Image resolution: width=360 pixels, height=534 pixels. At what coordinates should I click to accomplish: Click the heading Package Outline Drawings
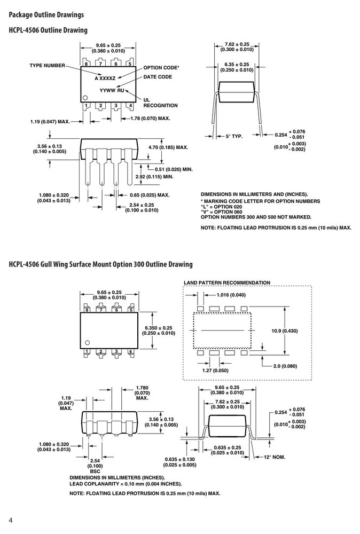[46, 14]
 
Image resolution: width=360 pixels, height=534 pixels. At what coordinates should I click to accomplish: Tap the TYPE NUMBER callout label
[47, 65]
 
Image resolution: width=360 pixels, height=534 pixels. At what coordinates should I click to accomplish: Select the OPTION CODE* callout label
[161, 68]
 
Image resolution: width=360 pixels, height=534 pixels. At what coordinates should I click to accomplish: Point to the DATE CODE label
[158, 77]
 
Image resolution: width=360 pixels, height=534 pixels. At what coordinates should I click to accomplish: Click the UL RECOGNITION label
[160, 103]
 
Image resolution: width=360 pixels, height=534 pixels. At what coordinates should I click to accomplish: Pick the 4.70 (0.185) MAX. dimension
[168, 147]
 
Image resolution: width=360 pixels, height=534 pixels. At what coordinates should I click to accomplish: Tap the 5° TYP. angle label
[234, 137]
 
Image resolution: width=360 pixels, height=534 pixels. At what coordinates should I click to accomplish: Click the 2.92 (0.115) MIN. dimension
[154, 177]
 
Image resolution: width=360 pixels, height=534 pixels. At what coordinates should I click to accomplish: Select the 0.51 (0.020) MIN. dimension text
[174, 169]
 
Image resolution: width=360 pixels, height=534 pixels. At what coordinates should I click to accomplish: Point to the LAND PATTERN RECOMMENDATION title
[227, 282]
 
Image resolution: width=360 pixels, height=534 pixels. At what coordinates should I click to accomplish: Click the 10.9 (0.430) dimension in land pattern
[284, 331]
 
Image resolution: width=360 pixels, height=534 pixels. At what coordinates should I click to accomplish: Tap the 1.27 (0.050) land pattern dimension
[215, 371]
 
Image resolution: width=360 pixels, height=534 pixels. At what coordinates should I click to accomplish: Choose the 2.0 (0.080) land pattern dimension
[285, 366]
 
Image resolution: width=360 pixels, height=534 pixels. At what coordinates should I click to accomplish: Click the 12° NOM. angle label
[275, 457]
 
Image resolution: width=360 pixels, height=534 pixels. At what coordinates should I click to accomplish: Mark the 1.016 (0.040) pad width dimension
[231, 295]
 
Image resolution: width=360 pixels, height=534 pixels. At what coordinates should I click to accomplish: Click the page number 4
[11, 520]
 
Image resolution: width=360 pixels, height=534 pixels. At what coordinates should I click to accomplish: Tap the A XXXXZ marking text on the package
[105, 78]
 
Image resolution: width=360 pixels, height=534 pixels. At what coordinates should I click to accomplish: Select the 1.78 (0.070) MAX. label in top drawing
[150, 119]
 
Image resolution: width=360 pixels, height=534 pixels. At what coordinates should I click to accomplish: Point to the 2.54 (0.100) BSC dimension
[95, 466]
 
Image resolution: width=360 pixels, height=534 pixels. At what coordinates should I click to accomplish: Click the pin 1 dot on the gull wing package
[87, 343]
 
